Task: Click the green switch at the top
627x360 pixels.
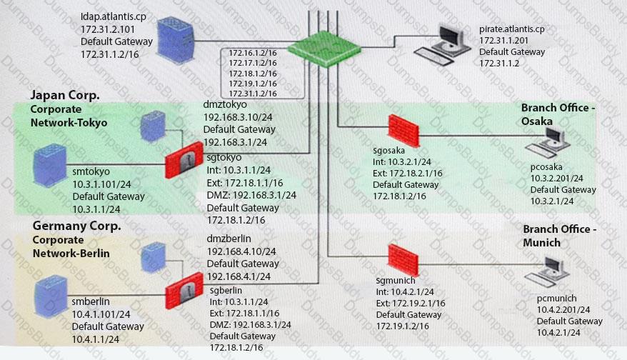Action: point(324,49)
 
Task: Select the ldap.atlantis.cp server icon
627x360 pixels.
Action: point(176,39)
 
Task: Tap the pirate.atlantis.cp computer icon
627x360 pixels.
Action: point(443,45)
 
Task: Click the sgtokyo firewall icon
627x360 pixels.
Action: point(184,159)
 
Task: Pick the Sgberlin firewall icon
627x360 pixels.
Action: point(184,291)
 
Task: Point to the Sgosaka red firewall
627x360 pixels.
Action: point(403,131)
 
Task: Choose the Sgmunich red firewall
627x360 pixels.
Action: point(403,260)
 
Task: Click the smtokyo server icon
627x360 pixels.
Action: point(50,165)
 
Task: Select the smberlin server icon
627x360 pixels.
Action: point(51,296)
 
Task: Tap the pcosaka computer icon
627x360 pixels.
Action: point(548,142)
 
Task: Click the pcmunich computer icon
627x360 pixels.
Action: point(548,271)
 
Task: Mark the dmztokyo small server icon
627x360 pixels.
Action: point(153,126)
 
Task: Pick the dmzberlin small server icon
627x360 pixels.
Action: point(154,257)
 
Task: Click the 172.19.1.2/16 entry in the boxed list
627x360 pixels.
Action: point(253,84)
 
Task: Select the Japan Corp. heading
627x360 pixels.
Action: point(65,96)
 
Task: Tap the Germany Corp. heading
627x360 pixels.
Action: point(77,226)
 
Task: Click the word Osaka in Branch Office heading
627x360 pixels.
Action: point(536,121)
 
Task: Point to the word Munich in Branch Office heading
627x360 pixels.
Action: point(541,242)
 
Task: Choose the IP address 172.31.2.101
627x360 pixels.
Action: point(108,29)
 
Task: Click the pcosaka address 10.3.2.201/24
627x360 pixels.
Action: point(556,179)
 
